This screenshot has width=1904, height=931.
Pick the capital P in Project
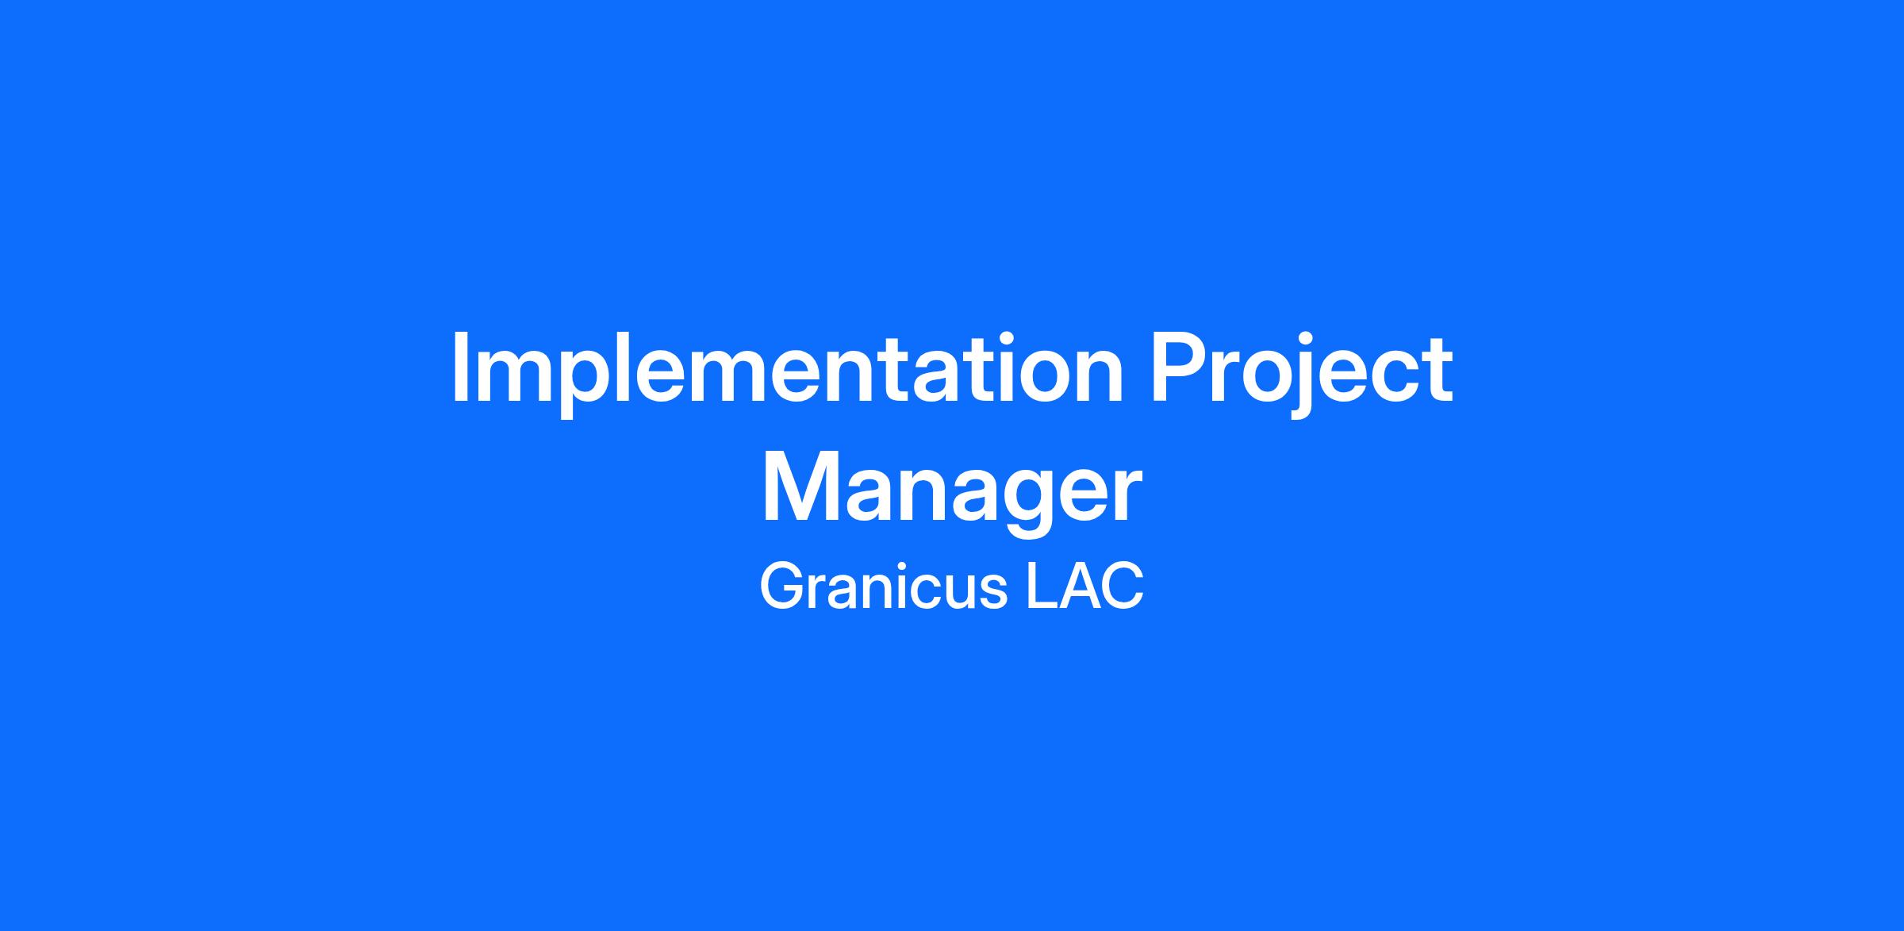point(1181,368)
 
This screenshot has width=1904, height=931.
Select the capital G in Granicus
point(784,587)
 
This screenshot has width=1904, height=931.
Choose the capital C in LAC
point(1123,587)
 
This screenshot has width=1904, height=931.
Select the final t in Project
point(1438,371)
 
